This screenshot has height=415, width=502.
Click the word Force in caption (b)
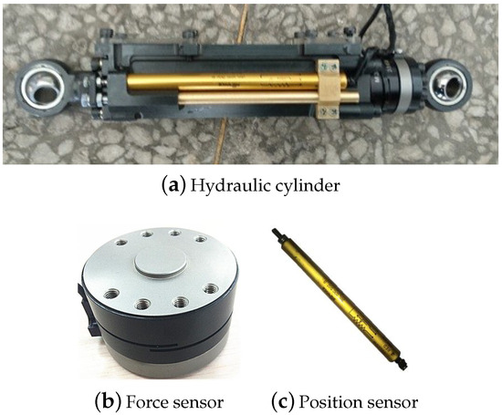(x=143, y=402)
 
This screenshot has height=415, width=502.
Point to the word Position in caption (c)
(x=327, y=402)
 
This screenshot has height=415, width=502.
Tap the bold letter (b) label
(x=109, y=402)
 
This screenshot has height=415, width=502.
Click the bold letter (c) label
(x=283, y=402)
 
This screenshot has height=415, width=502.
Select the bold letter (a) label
(x=174, y=186)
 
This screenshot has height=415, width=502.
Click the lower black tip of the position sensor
(x=403, y=363)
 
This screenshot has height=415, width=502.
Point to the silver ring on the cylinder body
(x=404, y=86)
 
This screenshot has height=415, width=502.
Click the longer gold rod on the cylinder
(x=237, y=81)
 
